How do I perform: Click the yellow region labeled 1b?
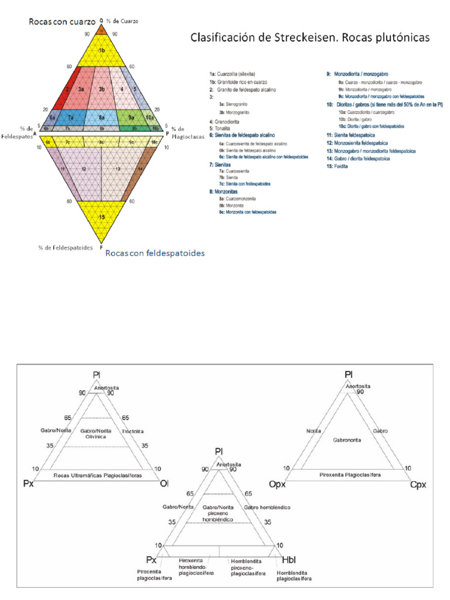(x=101, y=50)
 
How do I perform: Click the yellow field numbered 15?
(x=101, y=217)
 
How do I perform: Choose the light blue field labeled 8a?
(x=101, y=117)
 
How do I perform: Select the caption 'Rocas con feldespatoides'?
(x=155, y=253)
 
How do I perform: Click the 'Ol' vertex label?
(x=165, y=483)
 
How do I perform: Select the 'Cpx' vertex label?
(x=418, y=485)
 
